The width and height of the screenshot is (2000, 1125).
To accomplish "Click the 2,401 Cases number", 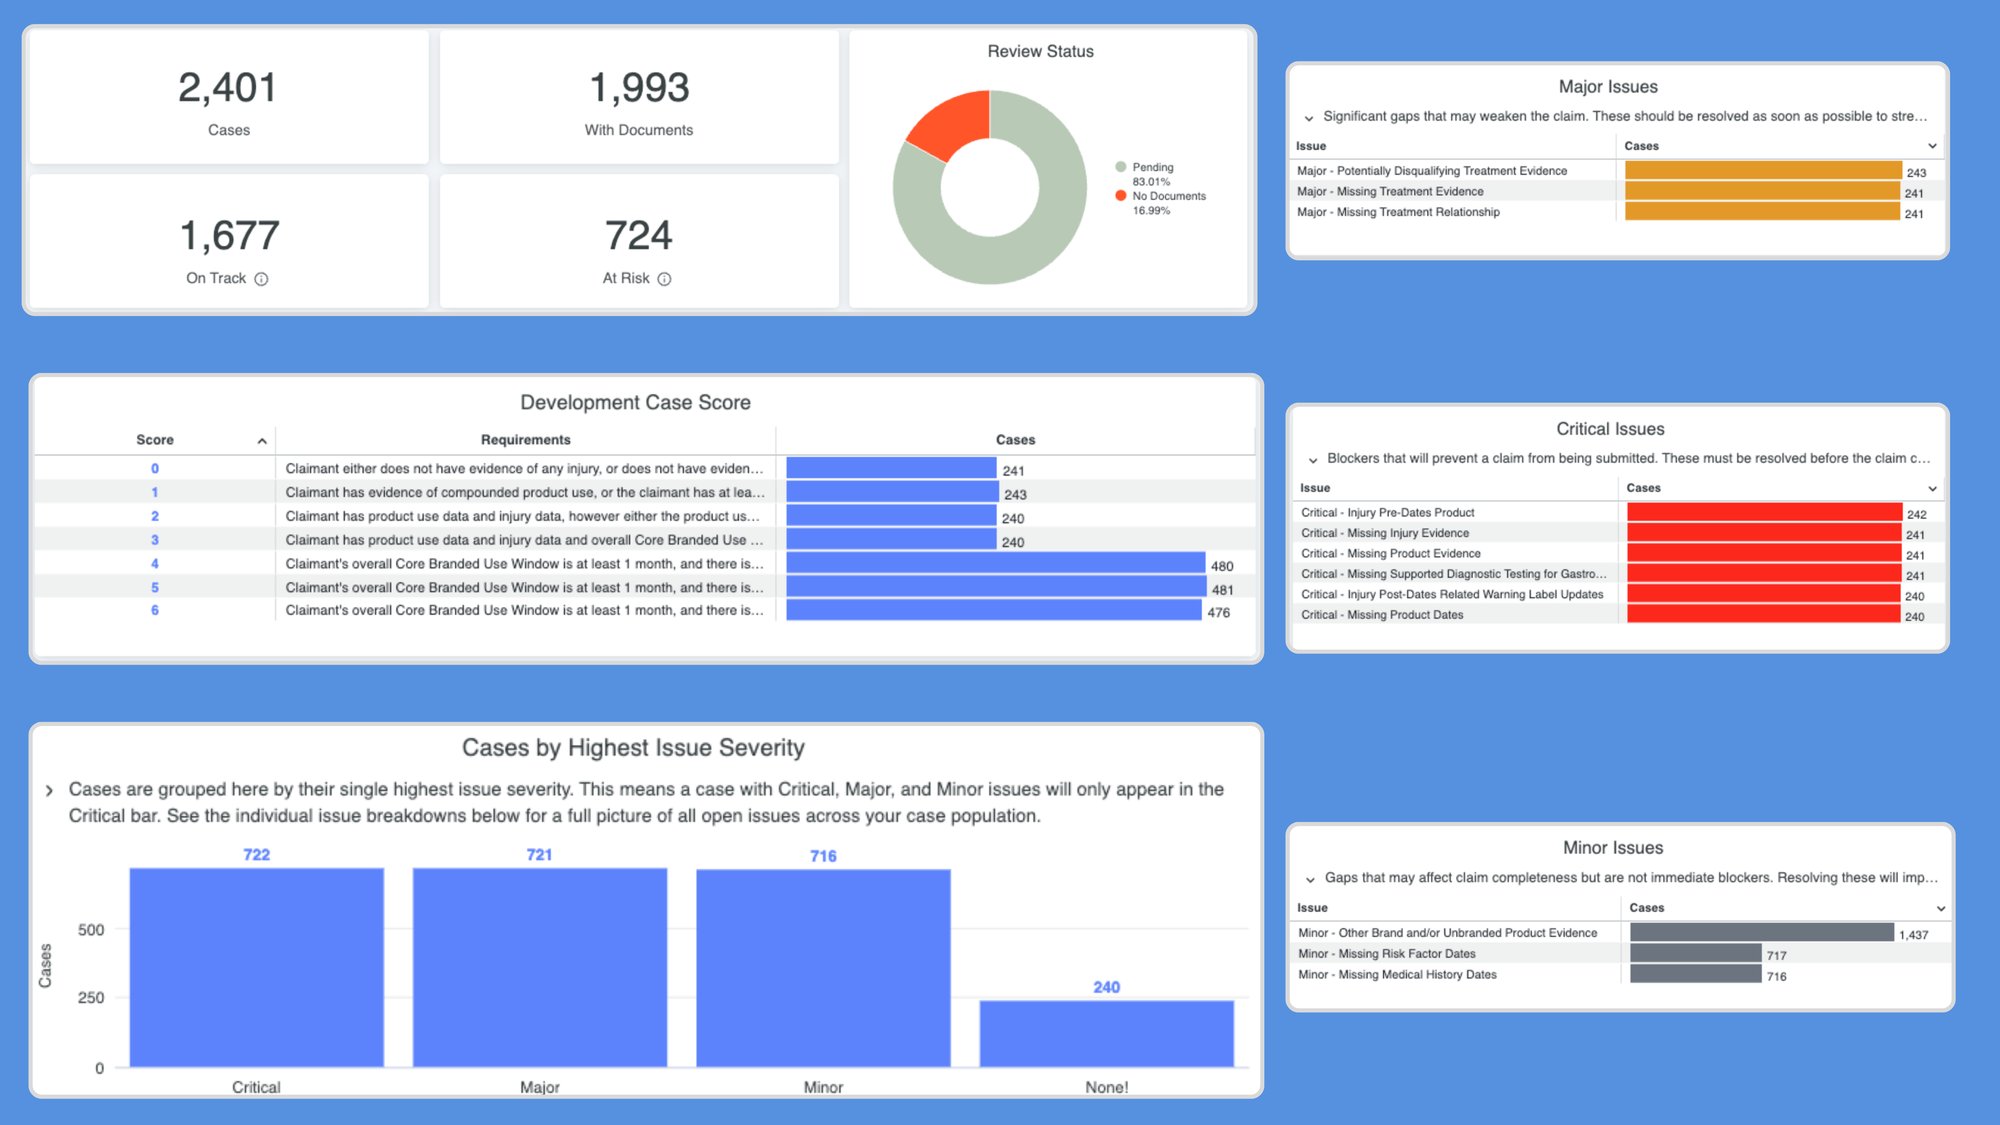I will (x=228, y=88).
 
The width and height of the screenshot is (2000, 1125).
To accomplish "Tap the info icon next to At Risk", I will (x=664, y=279).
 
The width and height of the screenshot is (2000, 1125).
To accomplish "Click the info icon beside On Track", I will (x=261, y=279).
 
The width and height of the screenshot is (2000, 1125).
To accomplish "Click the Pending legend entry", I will (x=1152, y=167).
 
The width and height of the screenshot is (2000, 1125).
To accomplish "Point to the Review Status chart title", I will (x=1040, y=51).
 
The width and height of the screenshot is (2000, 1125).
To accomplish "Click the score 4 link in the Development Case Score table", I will (x=155, y=564).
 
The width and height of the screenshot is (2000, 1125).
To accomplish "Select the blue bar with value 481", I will (x=995, y=588).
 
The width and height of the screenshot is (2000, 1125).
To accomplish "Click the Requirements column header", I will (x=525, y=440).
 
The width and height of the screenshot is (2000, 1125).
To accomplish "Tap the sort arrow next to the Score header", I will (x=262, y=441).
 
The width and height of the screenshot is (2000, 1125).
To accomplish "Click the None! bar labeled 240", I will (x=1106, y=1033).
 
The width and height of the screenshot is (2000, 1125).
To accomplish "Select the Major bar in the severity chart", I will (x=539, y=966).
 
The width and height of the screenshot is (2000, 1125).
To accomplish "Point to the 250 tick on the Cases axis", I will (x=91, y=998).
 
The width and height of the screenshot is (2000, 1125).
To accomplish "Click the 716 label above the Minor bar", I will (x=823, y=856).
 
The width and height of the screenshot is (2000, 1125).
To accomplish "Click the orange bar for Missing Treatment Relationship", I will (x=1762, y=212).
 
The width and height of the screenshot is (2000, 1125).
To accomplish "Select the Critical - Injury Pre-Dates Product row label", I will (x=1387, y=513).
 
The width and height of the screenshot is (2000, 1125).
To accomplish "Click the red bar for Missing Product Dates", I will (x=1763, y=615).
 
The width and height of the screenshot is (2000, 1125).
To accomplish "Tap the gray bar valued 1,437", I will (x=1761, y=933).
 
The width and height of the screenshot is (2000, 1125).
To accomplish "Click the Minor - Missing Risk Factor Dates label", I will (x=1386, y=954).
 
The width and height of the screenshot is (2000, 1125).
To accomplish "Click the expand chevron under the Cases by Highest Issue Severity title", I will (x=49, y=791).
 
